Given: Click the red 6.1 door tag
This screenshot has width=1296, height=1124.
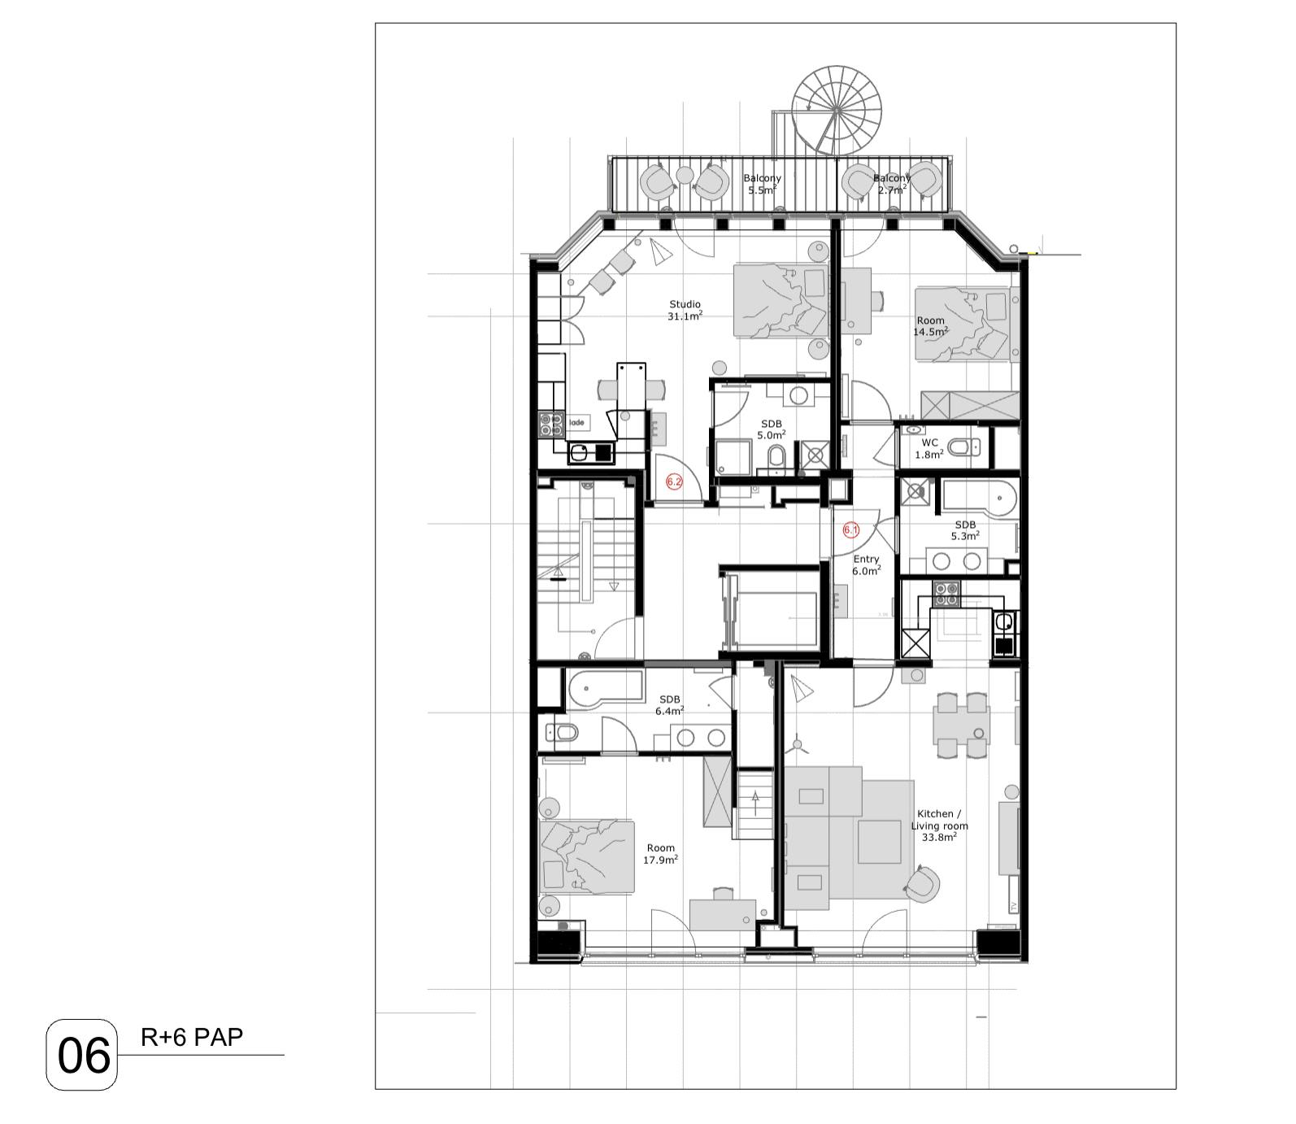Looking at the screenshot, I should point(850,530).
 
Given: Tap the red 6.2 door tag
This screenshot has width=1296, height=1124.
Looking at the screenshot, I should point(674,481).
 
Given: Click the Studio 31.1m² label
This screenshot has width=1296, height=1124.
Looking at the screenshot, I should point(685,311).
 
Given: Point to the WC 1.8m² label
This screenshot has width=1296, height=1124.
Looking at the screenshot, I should point(929,449).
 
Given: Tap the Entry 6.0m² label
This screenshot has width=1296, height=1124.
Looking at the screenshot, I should point(866,565).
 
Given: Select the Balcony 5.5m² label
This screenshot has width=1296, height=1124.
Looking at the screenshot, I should point(762,185).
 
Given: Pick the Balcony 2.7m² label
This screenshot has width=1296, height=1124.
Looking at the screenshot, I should point(891,185).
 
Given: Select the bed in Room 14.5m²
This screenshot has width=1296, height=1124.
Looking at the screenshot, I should point(964,323).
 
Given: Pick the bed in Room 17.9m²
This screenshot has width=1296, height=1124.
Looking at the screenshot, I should point(586,857).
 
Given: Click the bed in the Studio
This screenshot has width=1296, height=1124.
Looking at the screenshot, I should point(781,301).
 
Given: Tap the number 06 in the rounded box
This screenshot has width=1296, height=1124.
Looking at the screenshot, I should point(83,1056).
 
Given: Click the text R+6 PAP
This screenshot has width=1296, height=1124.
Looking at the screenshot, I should point(192,1038).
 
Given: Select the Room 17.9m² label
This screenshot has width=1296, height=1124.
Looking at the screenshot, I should point(660,853).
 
